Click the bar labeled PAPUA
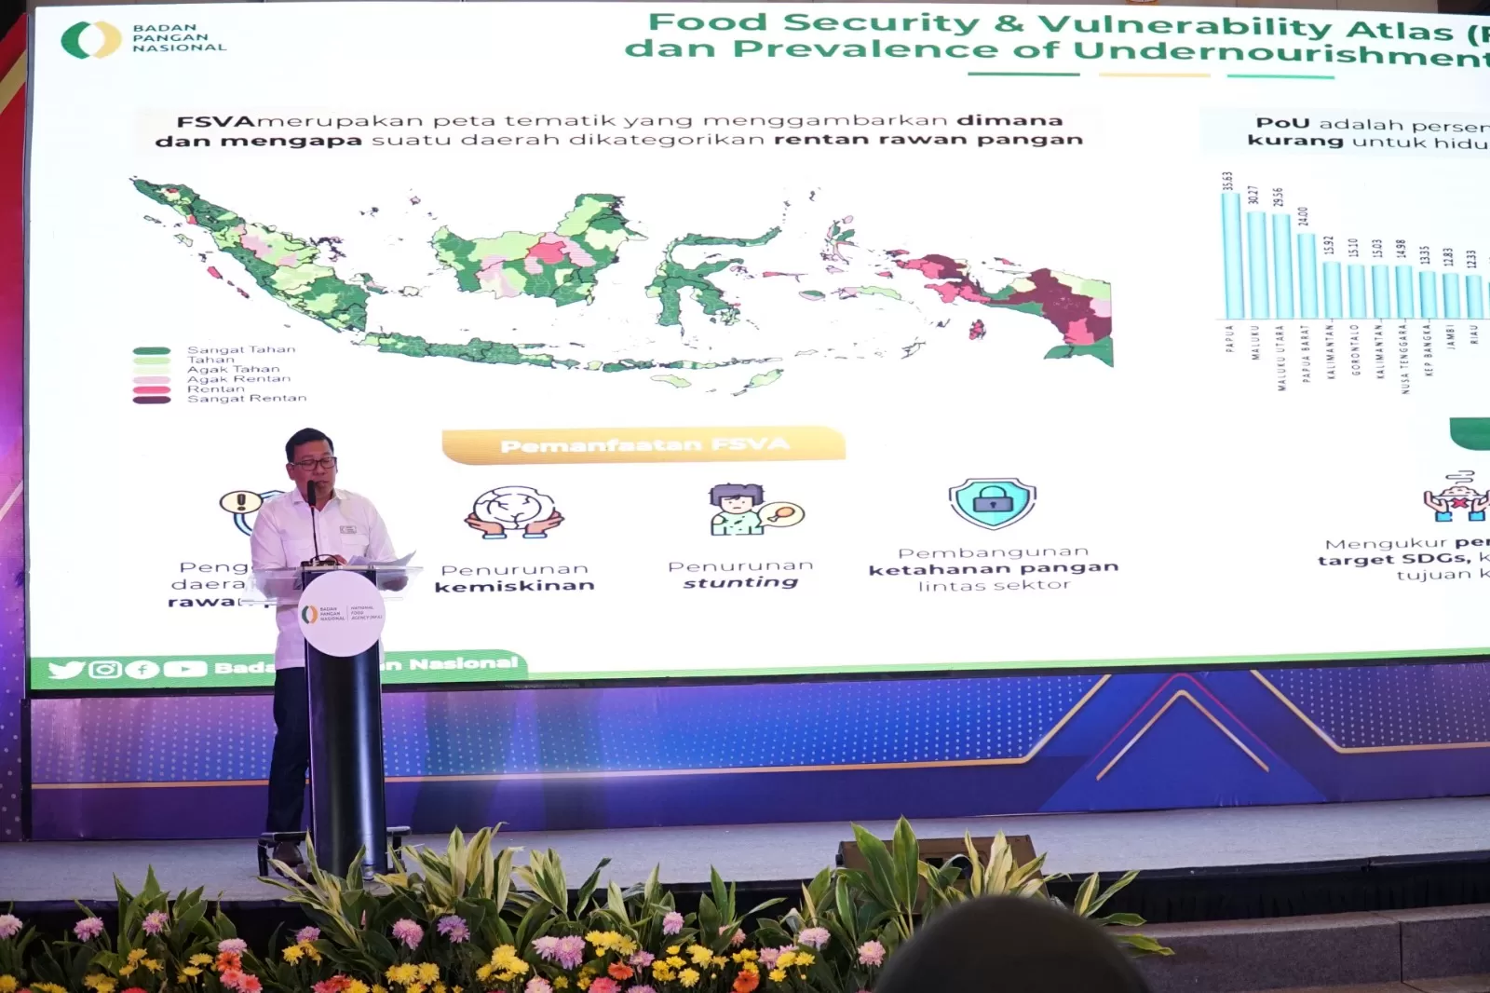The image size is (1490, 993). (x=1230, y=255)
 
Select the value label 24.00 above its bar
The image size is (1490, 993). (x=1303, y=216)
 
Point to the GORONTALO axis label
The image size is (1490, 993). (x=1355, y=349)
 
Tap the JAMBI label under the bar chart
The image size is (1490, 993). (x=1451, y=336)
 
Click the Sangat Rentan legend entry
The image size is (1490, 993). (x=246, y=399)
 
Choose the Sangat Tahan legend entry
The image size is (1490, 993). (x=240, y=349)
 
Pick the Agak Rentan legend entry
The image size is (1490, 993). (x=238, y=379)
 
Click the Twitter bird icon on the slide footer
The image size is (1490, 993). (x=65, y=670)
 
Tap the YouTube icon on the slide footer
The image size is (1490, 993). (x=184, y=669)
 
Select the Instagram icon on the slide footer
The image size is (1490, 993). (x=105, y=670)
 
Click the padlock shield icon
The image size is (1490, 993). (x=993, y=503)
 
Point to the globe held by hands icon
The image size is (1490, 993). (x=513, y=513)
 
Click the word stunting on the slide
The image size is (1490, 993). (x=741, y=583)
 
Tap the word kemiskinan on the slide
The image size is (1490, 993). (x=514, y=586)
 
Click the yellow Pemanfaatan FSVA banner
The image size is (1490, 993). (x=643, y=444)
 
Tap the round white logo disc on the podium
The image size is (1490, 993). (x=342, y=614)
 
